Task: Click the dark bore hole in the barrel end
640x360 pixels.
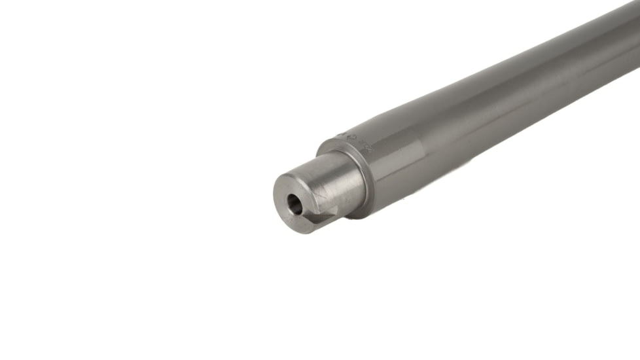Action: click(x=295, y=206)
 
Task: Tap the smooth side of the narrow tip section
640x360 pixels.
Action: click(x=327, y=180)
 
